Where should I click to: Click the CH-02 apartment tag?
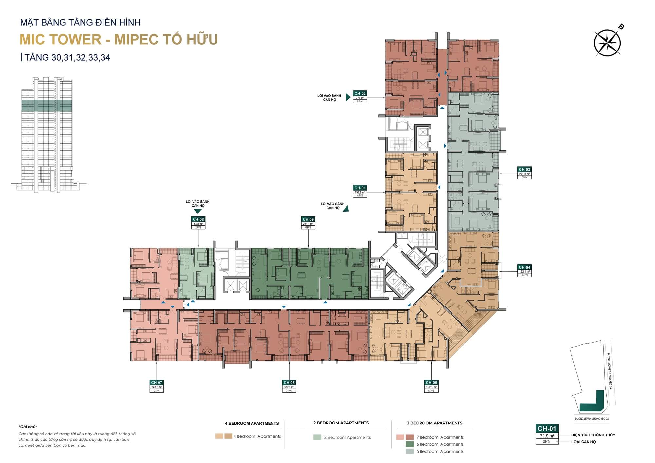point(360,94)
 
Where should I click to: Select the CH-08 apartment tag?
point(198,219)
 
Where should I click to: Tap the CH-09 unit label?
point(308,219)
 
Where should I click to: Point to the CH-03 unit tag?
point(524,170)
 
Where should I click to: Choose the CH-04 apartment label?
point(524,267)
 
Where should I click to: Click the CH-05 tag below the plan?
point(431,382)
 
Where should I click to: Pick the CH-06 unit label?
point(289,382)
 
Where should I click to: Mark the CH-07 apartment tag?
point(157,382)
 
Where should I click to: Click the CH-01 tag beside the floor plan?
point(360,188)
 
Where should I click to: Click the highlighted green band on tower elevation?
point(47,105)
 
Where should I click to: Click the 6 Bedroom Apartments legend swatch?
point(409,444)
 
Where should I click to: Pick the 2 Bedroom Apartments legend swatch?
point(317,437)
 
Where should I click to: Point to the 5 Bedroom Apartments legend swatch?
point(409,451)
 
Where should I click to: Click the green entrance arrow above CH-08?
point(198,212)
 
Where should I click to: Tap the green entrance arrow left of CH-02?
point(348,97)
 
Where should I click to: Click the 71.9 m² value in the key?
point(547,436)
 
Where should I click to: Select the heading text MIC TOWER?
point(61,39)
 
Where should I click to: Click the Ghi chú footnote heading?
point(28,427)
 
